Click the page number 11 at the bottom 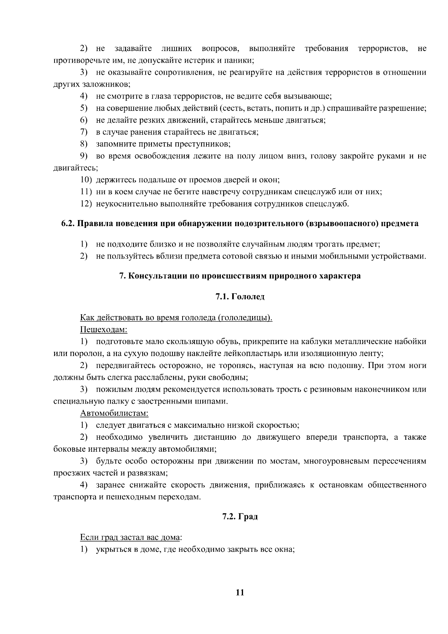(240, 592)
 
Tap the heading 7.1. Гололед (240, 297)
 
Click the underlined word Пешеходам (103, 330)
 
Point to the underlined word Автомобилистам (114, 413)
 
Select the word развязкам (148, 473)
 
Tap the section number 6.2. (68, 224)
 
